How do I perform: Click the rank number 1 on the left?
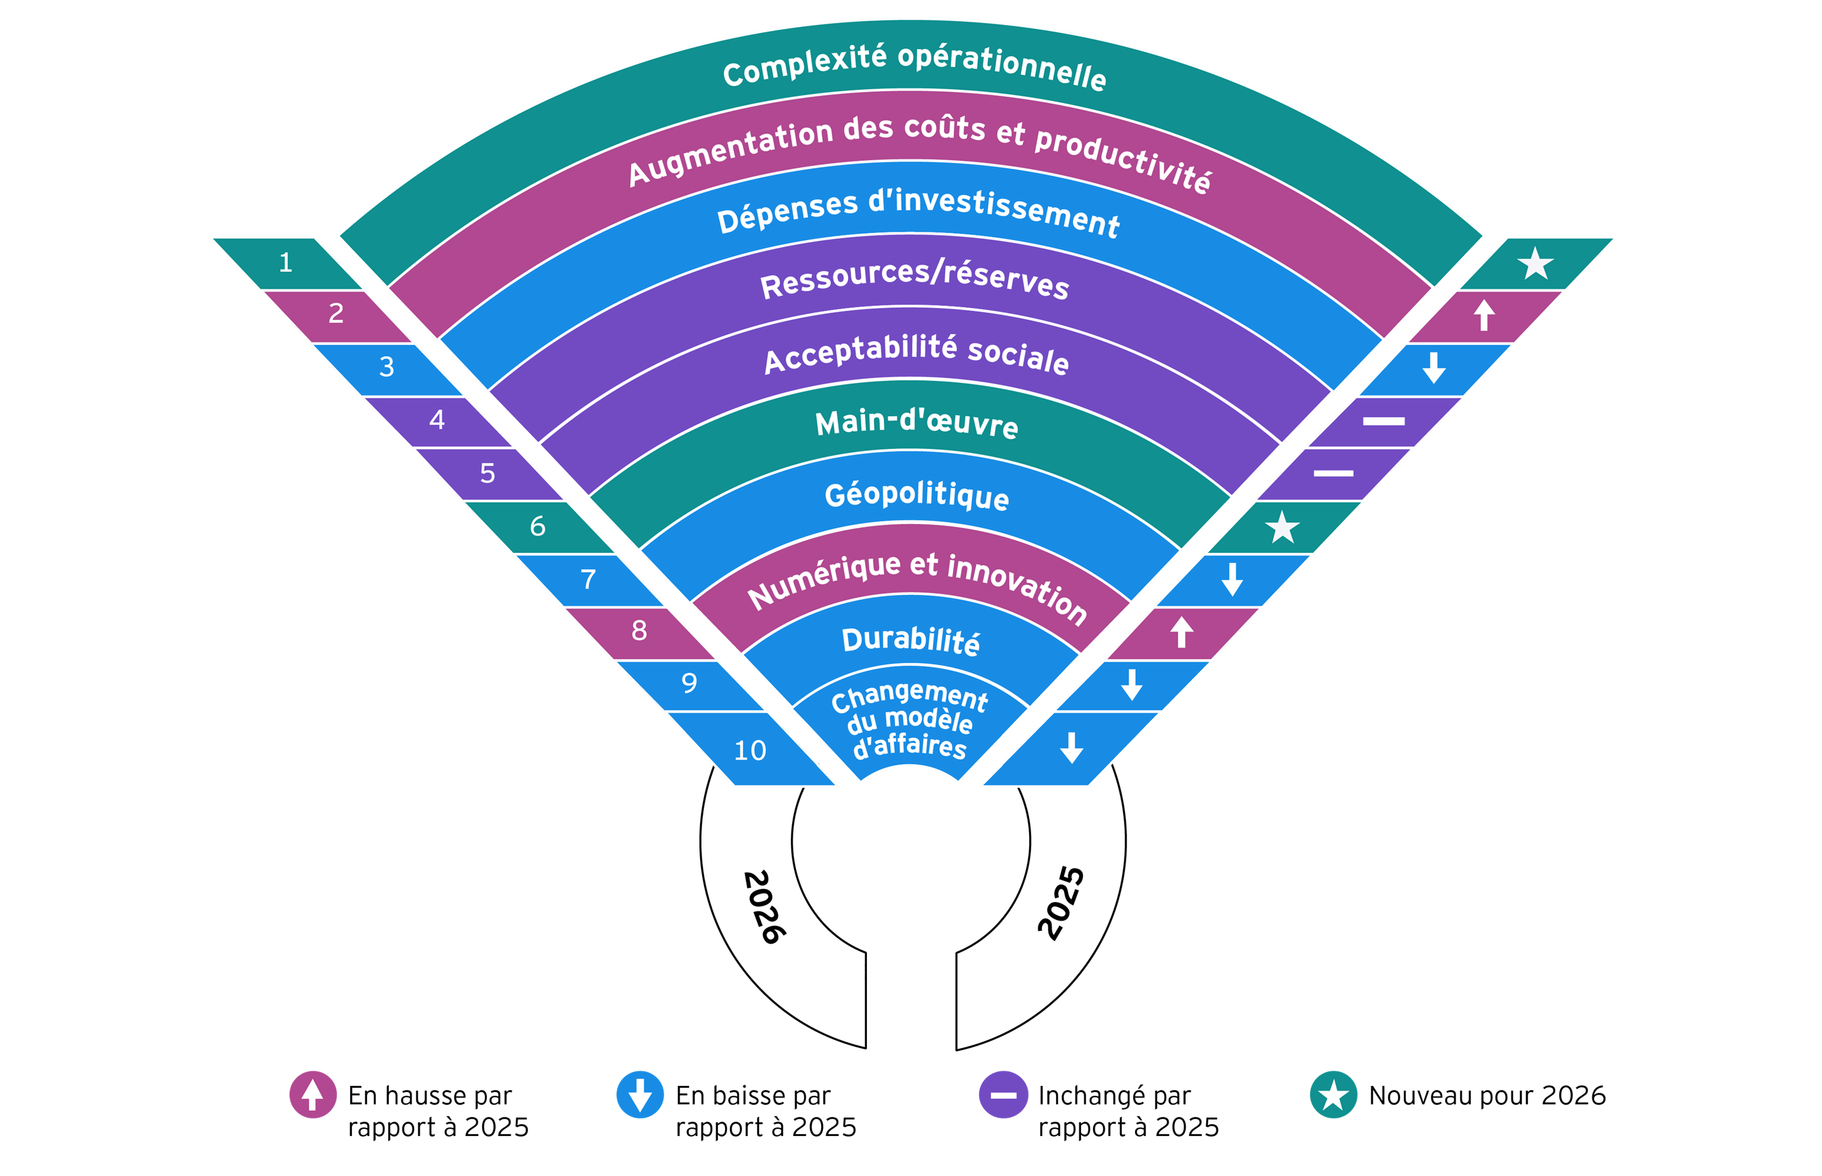point(286,263)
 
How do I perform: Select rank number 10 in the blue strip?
point(750,751)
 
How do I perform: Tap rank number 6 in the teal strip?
point(537,526)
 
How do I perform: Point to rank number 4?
point(437,419)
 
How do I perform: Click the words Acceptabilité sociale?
point(916,353)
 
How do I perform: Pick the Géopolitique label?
point(916,496)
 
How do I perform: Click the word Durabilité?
point(910,641)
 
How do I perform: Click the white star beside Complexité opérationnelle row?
point(1536,264)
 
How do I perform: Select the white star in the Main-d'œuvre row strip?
point(1282,528)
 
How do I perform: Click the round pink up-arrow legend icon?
point(313,1095)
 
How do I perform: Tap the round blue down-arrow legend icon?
point(640,1095)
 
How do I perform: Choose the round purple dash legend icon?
point(1004,1095)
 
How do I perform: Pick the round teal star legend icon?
point(1333,1095)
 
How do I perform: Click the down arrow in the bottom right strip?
point(1071,748)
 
